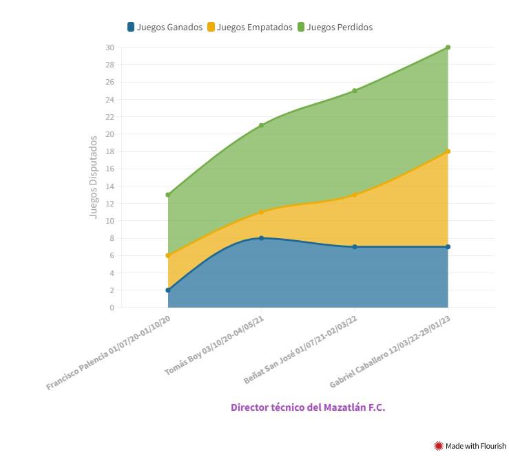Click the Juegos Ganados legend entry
[165, 28]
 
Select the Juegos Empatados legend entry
[249, 28]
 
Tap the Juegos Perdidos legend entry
[335, 28]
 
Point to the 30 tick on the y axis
[110, 47]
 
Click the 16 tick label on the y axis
[110, 169]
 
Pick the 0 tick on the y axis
[112, 308]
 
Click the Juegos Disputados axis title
[94, 178]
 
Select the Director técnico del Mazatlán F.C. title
[308, 407]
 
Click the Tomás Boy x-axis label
[215, 345]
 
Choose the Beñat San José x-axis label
[302, 350]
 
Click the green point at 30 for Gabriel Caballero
[448, 47]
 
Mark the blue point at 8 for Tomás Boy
[261, 238]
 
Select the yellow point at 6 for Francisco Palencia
[167, 255]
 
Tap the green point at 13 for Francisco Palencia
[167, 195]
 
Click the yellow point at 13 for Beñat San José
[355, 195]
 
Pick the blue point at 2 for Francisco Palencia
[167, 290]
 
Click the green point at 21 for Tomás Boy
[261, 125]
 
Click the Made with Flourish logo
[470, 446]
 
